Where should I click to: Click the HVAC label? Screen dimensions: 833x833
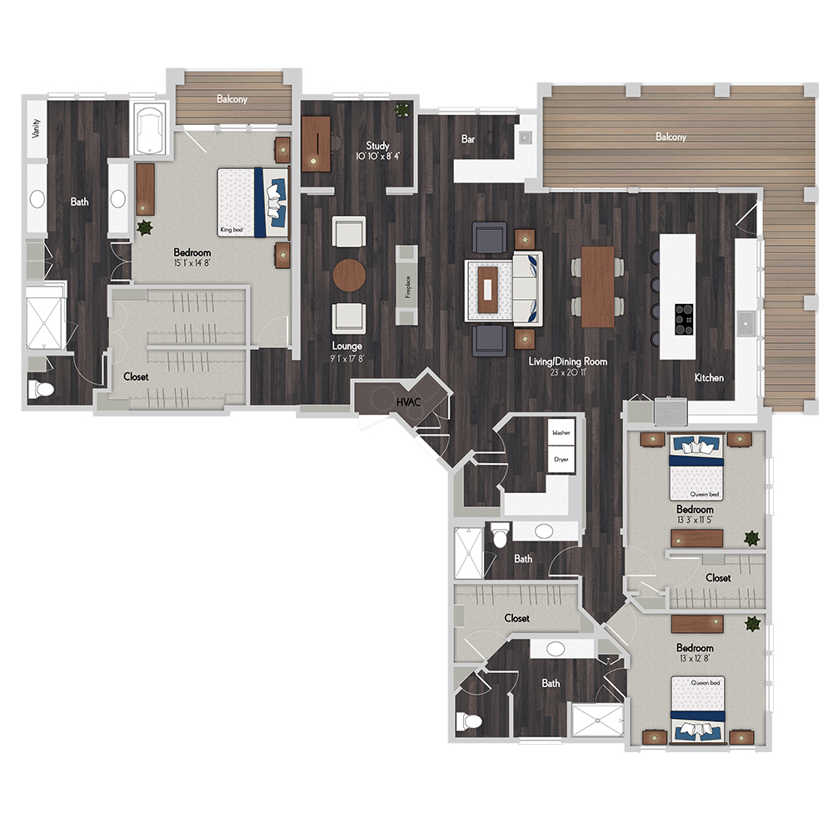pos(408,402)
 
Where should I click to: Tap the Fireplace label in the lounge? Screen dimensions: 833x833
pos(408,287)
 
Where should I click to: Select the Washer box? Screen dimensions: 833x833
pos(561,432)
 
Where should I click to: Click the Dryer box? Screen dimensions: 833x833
pos(561,459)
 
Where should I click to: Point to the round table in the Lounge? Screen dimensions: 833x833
pos(349,275)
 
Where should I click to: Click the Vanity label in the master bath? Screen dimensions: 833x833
pos(36,128)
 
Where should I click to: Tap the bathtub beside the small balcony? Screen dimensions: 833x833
pos(149,130)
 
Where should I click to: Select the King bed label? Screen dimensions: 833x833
pos(232,230)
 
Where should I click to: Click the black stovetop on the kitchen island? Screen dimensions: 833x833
pos(684,319)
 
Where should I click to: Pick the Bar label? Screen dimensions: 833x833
pos(468,139)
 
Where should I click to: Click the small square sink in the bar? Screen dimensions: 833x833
pos(525,137)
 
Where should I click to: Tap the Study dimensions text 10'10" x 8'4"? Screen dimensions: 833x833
pos(377,157)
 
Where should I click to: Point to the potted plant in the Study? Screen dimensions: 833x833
pos(402,110)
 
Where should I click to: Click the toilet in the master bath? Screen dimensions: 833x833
pos(41,389)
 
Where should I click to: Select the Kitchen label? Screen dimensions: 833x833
pos(709,377)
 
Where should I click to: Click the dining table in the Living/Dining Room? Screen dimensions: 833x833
pos(597,287)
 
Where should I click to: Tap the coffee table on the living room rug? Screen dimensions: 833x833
pos(487,290)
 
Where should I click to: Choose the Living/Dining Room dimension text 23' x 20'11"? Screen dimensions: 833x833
pos(567,372)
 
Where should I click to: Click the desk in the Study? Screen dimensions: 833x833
pos(316,143)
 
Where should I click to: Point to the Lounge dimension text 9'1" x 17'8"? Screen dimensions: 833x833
pos(347,358)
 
